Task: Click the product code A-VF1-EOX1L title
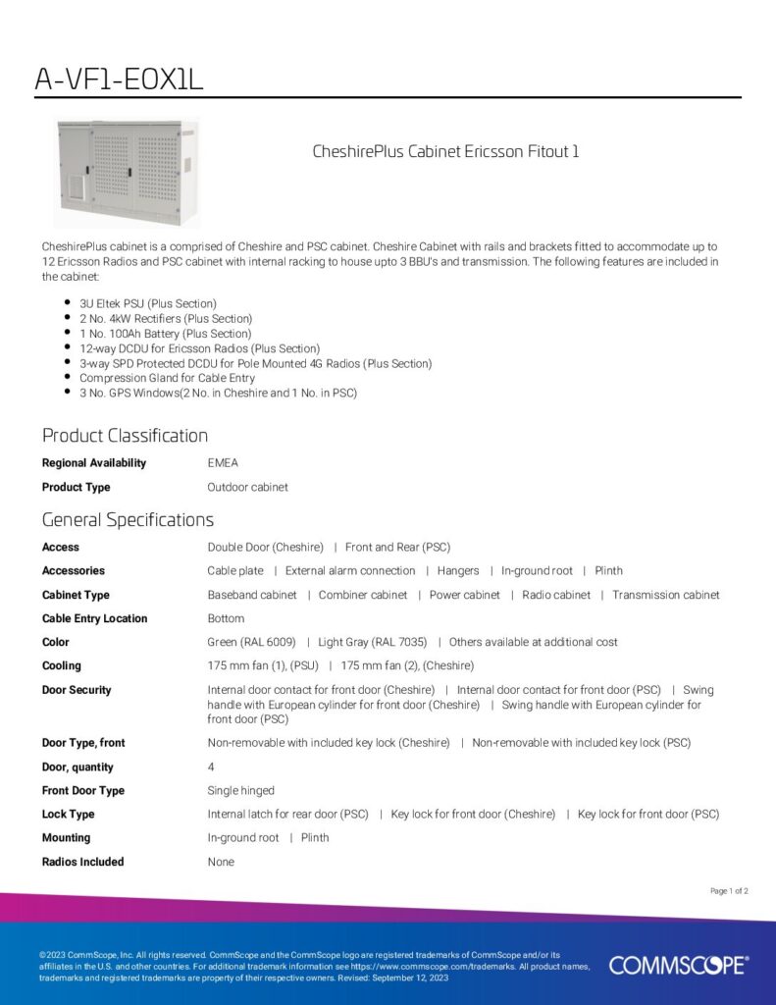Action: tap(119, 79)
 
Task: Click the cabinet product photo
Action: tap(127, 172)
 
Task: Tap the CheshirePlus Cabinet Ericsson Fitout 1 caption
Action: tap(445, 151)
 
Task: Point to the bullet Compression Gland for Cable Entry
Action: tap(167, 378)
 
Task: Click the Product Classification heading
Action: tap(125, 436)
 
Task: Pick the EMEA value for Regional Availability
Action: tap(223, 463)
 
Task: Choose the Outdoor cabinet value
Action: tap(247, 487)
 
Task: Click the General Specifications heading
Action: tap(128, 520)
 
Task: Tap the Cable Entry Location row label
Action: tap(94, 618)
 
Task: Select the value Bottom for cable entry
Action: tap(226, 618)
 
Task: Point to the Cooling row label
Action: tap(61, 665)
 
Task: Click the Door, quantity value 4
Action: tap(211, 767)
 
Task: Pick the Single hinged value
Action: tap(240, 790)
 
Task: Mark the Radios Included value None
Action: tap(221, 862)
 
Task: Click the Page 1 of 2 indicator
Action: tap(729, 891)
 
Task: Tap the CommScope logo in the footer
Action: tap(678, 966)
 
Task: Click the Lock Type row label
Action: tap(68, 814)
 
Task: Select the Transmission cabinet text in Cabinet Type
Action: tap(666, 595)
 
